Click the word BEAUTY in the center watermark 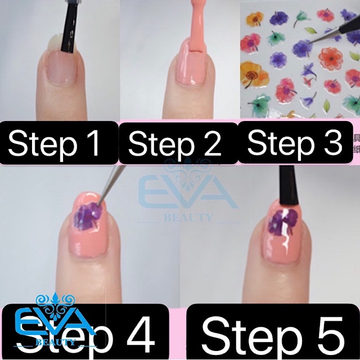click(x=188, y=217)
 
